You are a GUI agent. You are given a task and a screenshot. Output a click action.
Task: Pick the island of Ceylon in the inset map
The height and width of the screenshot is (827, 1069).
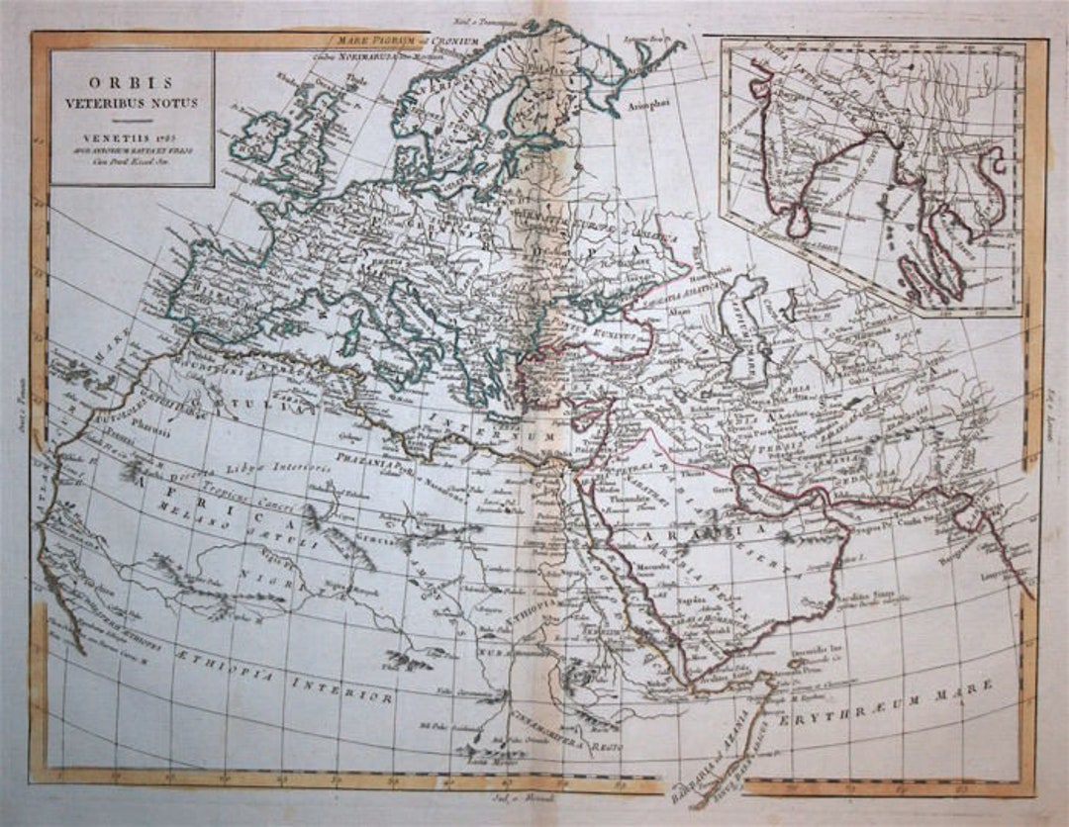pos(798,221)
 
